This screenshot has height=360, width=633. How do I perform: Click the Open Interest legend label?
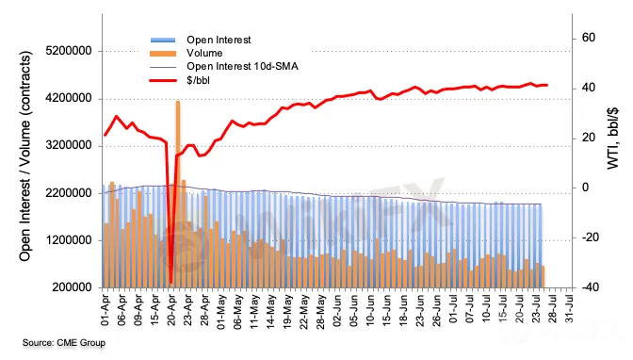pos(219,40)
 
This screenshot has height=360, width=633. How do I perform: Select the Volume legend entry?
pos(204,54)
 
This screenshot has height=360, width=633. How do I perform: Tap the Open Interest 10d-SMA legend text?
pos(242,66)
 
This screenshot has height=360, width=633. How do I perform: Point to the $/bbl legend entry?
pos(198,80)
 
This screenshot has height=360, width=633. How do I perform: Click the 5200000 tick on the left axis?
pos(69,51)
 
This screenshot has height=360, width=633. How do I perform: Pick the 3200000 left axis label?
pos(69,145)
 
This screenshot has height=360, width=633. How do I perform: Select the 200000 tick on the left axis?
pos(72,287)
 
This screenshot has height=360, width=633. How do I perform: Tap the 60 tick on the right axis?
pos(589,38)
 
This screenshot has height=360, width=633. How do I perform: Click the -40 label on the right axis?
pos(591,286)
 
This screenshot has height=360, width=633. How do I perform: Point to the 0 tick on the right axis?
pos(585,188)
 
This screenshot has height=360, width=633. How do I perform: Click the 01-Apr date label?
pos(105,310)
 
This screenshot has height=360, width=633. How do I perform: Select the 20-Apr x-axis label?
pos(171,310)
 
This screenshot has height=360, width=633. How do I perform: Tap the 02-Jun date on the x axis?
pos(337,312)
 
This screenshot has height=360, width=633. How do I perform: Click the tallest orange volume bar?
pos(178,194)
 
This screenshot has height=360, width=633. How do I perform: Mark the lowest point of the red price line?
pos(170,283)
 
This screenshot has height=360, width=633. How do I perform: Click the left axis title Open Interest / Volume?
pos(25,155)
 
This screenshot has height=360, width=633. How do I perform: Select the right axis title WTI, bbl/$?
pos(612,139)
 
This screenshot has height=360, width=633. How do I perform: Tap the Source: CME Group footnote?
pos(64,343)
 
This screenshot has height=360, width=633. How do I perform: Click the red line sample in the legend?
pos(163,80)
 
